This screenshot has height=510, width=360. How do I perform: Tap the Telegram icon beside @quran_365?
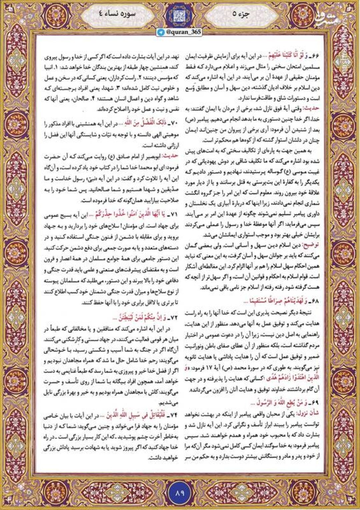tap(161, 32)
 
